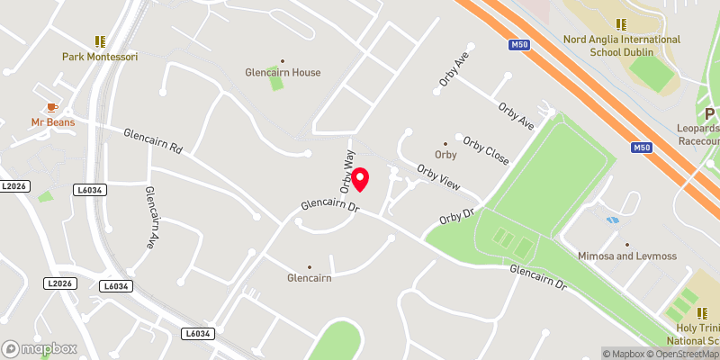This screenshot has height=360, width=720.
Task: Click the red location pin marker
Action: (x=360, y=179)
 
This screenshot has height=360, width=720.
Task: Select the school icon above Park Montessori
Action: (x=99, y=41)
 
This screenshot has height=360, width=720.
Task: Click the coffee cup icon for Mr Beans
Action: (x=52, y=107)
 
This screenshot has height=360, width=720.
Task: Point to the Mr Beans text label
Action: (x=53, y=121)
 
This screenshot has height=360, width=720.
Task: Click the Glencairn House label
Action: (x=283, y=72)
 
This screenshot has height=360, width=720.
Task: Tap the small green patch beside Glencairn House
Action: (x=274, y=84)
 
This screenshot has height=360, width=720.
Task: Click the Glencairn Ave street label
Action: (x=150, y=217)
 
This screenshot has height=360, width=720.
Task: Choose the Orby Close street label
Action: (x=486, y=150)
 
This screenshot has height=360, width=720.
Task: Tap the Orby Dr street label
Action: (x=456, y=217)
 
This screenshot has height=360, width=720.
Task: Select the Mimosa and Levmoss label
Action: (x=626, y=256)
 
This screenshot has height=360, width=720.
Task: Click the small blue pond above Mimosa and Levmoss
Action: (x=613, y=220)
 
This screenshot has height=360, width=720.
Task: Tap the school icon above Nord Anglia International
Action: (x=620, y=24)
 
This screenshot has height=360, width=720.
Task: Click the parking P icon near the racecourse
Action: (x=709, y=113)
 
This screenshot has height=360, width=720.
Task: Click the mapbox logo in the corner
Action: (x=40, y=348)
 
